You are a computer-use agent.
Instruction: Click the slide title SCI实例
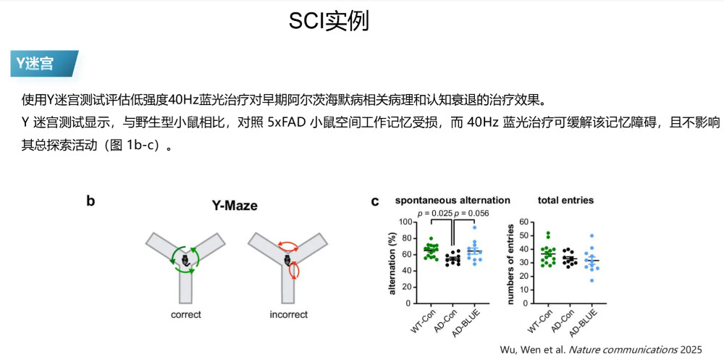(329, 21)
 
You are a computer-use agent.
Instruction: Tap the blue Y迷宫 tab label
(35, 64)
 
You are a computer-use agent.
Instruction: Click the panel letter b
(90, 201)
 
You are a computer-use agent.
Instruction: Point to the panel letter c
(375, 201)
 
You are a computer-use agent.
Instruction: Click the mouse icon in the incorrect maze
(288, 261)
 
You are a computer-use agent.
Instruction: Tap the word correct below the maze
(185, 315)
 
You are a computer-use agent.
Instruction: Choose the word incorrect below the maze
(288, 315)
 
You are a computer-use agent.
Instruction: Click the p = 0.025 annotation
(436, 213)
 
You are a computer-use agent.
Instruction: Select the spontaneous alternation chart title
(452, 200)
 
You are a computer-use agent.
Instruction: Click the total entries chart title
(565, 200)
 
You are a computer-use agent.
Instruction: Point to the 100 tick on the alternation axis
(413, 220)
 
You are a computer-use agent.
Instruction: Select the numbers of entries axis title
(510, 263)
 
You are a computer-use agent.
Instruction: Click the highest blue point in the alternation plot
(474, 227)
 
